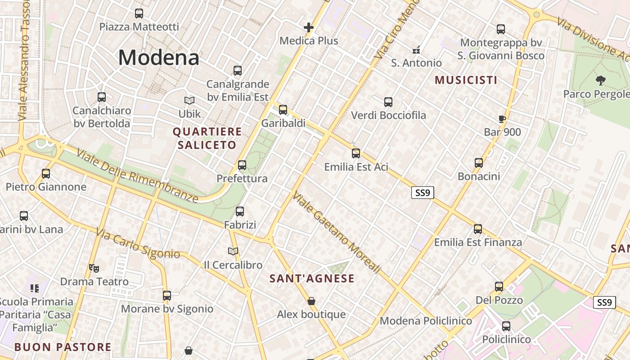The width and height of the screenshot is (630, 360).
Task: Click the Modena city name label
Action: (x=158, y=58)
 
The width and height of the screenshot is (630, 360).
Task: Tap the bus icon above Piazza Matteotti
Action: (x=139, y=13)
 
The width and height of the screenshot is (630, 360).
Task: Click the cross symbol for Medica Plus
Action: (x=308, y=27)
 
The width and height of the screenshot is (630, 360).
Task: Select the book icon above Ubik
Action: (x=189, y=100)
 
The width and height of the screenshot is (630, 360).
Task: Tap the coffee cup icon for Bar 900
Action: (x=502, y=119)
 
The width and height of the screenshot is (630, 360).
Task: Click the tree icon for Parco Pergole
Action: (x=600, y=81)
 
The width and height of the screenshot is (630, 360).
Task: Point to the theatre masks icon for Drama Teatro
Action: (x=94, y=268)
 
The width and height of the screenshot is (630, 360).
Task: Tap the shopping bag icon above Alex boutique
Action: (x=311, y=301)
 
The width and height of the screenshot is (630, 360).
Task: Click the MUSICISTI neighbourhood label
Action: (x=466, y=80)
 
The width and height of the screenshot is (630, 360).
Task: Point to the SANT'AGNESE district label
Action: (x=312, y=279)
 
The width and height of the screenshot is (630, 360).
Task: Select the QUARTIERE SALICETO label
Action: (x=207, y=138)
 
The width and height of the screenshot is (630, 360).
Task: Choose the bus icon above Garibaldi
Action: (x=283, y=109)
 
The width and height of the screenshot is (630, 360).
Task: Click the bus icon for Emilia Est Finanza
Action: (x=478, y=229)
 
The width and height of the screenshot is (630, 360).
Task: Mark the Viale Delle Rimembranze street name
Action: (x=137, y=175)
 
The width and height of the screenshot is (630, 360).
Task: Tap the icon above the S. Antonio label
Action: (x=417, y=49)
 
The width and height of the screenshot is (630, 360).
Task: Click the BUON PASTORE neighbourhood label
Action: (x=63, y=347)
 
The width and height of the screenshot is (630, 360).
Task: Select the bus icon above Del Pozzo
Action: (x=499, y=286)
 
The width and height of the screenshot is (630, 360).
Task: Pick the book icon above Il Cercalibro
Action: (x=233, y=251)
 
